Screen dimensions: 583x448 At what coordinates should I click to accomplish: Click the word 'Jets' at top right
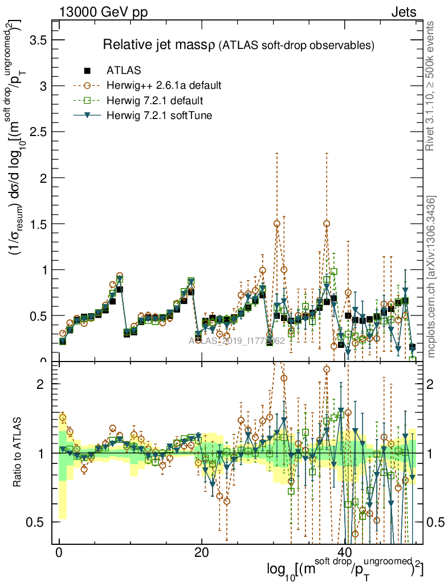tap(404, 13)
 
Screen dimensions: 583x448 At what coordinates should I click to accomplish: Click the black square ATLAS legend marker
tap(87, 71)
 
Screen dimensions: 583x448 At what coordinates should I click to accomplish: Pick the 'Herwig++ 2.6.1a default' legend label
tap(164, 86)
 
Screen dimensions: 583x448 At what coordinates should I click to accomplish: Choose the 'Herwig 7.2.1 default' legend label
tap(154, 101)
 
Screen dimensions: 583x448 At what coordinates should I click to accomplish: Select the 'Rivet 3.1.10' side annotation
tap(431, 85)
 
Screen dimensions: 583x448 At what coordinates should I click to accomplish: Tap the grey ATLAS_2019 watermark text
tap(237, 340)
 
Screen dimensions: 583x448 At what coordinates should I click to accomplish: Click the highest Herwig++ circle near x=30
tap(277, 224)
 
